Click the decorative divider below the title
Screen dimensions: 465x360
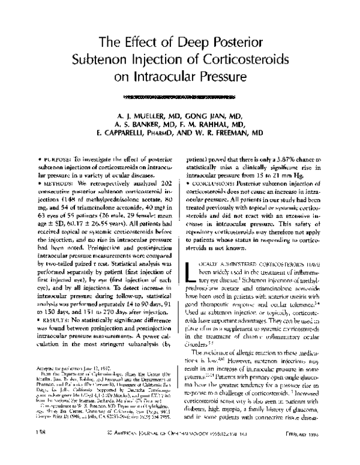click(x=179, y=95)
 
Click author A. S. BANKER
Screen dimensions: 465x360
click(x=140, y=126)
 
